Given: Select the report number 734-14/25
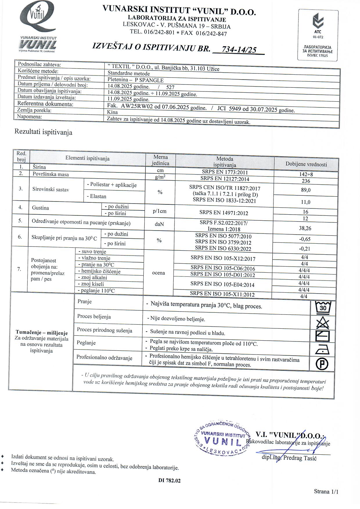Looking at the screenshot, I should [x=239, y=50].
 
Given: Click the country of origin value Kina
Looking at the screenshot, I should [x=112, y=112].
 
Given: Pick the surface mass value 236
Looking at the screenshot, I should [x=306, y=181].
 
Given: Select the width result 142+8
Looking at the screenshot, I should [x=306, y=174].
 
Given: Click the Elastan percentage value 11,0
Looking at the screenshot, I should [x=305, y=202].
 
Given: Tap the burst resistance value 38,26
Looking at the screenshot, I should [x=305, y=228].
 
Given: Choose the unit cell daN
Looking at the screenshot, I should [x=159, y=224].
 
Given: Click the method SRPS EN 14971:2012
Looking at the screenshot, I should [x=224, y=213].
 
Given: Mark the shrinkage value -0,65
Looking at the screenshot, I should [x=305, y=239].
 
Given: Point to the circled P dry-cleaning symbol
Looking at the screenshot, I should [x=322, y=364].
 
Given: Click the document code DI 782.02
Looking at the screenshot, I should [x=169, y=481].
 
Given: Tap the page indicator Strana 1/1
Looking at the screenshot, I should [x=326, y=491].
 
